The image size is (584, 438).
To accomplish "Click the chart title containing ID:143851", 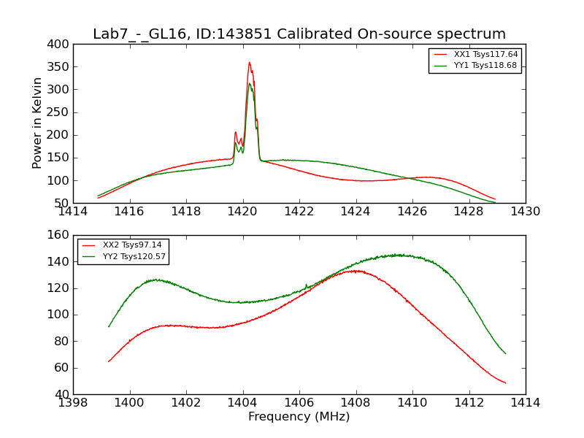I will click(x=299, y=34).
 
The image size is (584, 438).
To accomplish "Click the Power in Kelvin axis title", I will click(x=38, y=123).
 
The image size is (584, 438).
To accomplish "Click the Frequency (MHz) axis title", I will click(x=299, y=417).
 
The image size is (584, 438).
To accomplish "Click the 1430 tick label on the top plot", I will click(x=525, y=212).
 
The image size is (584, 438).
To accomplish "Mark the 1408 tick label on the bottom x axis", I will click(x=356, y=403).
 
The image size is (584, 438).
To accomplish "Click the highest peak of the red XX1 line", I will click(x=249, y=62).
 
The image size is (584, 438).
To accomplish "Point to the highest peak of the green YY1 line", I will click(x=250, y=83).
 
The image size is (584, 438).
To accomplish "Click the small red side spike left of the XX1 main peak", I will click(x=235, y=132).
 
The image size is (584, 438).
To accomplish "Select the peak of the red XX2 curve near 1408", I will click(x=355, y=271).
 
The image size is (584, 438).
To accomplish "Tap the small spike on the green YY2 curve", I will click(x=306, y=285).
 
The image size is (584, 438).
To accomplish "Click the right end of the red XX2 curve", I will click(x=505, y=383).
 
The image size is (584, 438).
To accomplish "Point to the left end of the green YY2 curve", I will click(x=109, y=326).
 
